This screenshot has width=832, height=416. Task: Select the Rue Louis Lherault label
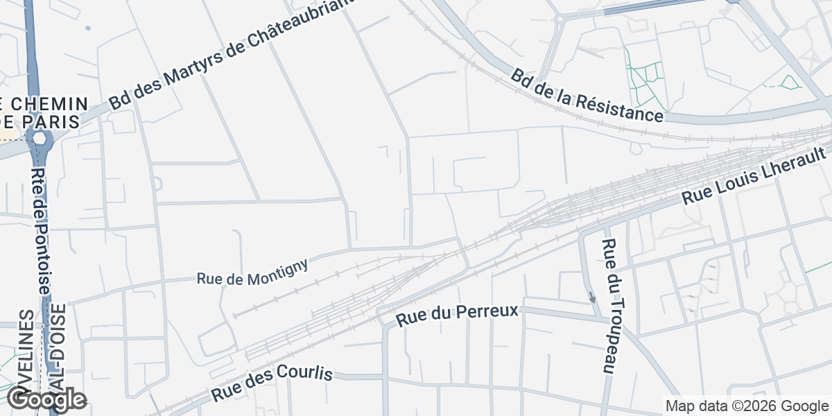pos(756,175)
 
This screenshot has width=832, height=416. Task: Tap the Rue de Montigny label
pos(252,271)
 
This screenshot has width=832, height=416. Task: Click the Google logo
pos(46,399)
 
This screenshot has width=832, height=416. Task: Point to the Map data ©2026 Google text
pos(747,406)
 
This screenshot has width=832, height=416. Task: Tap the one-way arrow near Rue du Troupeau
pos(591,297)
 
